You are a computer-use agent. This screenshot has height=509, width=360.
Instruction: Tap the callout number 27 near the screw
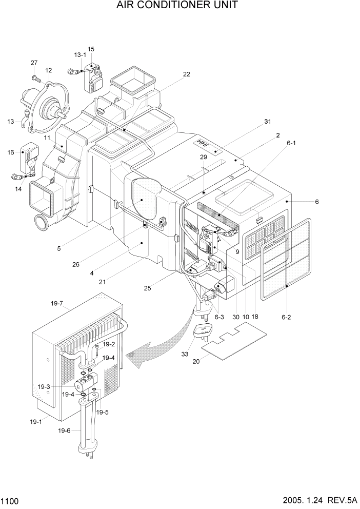coord(34,63)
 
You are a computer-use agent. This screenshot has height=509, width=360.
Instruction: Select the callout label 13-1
coord(80,54)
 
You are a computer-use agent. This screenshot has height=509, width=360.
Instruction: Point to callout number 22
coord(186,74)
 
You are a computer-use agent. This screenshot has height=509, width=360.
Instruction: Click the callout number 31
coord(267,122)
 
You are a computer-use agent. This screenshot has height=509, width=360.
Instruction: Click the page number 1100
coord(10,500)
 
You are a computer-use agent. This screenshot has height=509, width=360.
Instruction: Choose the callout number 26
coord(75,265)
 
